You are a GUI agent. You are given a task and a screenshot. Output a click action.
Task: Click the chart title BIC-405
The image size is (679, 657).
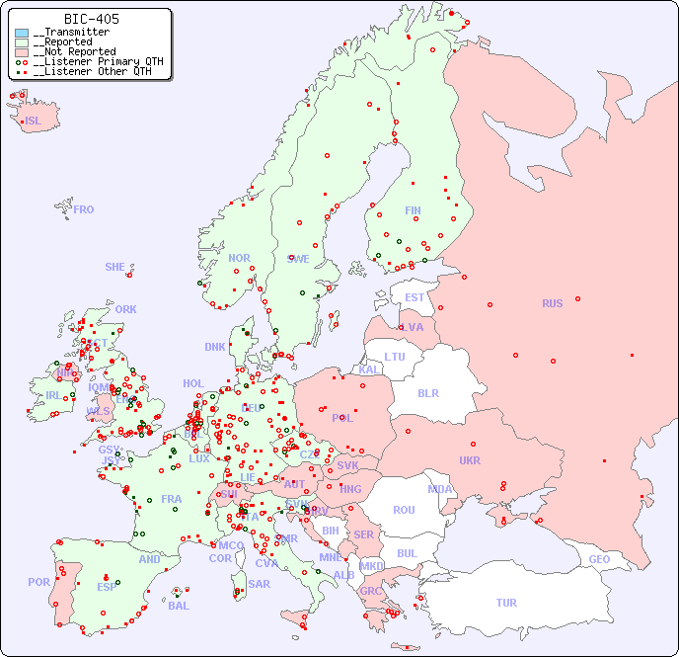(x=91, y=19)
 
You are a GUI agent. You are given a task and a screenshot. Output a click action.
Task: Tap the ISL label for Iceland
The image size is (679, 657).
(x=34, y=122)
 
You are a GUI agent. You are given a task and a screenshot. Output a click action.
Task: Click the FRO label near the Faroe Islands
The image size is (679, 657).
(x=84, y=209)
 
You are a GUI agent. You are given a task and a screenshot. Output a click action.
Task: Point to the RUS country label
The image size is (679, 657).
(x=552, y=303)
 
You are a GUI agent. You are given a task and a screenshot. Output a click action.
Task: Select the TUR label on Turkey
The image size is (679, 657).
(x=506, y=603)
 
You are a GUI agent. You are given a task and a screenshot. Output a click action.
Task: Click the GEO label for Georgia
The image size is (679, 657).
(x=599, y=559)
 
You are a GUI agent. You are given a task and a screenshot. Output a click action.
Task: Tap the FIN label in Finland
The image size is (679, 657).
(x=413, y=210)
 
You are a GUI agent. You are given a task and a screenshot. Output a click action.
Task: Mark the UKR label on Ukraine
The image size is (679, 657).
(x=470, y=460)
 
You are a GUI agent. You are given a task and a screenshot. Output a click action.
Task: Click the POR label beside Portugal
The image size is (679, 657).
(x=38, y=582)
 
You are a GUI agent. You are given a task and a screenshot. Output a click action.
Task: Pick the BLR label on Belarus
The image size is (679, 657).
(x=428, y=392)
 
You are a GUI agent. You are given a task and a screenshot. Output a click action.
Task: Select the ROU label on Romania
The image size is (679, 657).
(x=404, y=510)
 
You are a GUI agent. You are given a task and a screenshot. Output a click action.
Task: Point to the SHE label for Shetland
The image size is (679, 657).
(x=115, y=267)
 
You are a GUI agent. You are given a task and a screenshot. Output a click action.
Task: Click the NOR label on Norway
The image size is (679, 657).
(x=239, y=258)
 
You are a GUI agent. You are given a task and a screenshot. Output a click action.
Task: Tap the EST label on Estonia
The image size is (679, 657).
(x=415, y=297)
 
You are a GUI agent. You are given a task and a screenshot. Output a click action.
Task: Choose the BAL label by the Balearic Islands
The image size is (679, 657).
(x=178, y=606)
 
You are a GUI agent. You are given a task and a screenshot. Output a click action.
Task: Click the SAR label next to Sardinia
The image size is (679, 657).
(x=259, y=584)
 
